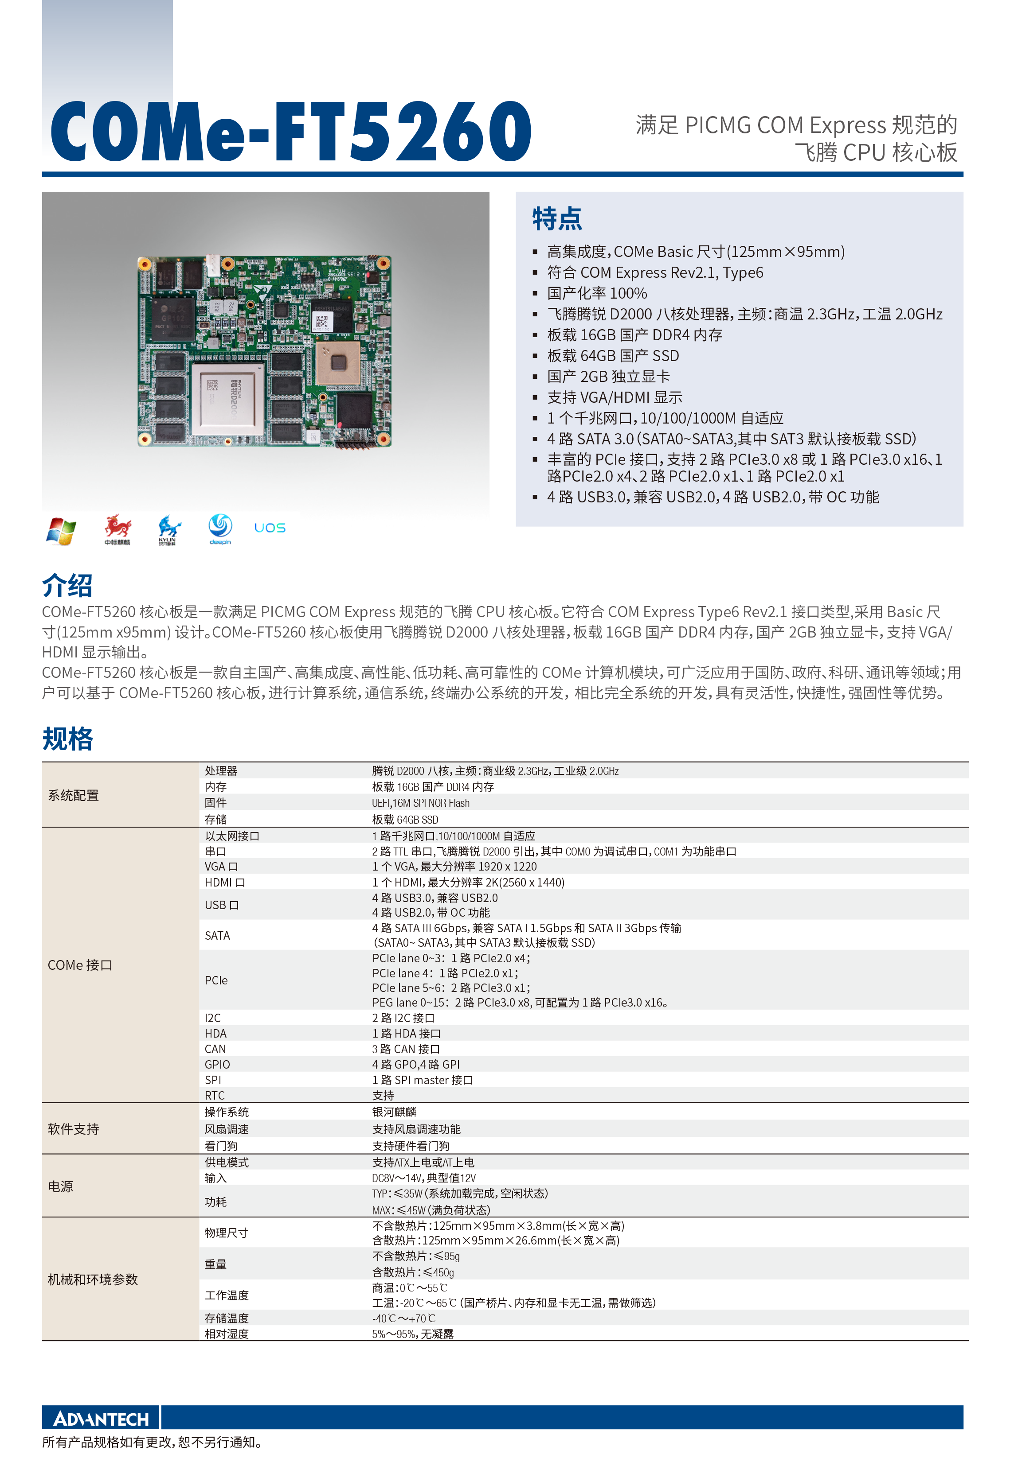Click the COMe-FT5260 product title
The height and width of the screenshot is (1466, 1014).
click(291, 132)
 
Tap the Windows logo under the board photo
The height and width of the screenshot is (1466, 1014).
click(61, 530)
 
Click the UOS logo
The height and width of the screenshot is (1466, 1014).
click(270, 528)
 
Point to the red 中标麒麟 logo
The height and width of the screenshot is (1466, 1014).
click(117, 529)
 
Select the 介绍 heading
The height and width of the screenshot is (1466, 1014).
click(67, 585)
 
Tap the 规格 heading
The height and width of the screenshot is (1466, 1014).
click(67, 739)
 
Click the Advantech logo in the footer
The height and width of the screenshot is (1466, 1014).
click(101, 1419)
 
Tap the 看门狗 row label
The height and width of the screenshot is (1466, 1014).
click(221, 1145)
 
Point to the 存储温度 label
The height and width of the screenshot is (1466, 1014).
click(227, 1318)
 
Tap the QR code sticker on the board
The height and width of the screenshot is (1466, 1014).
click(322, 323)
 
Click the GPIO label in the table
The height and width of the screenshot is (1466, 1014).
click(217, 1064)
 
